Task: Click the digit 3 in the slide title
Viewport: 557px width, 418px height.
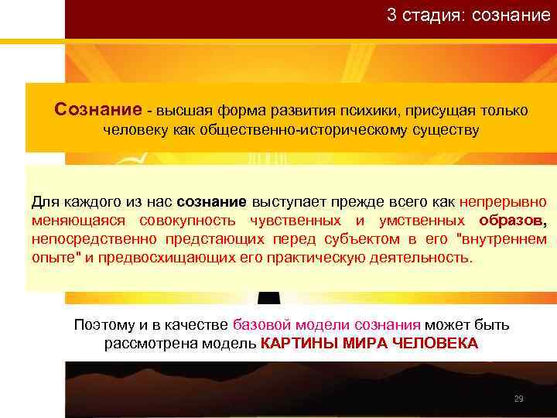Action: coord(392,15)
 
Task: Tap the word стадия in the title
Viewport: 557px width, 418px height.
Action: coord(426,15)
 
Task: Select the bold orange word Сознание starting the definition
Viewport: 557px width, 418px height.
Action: coord(98,110)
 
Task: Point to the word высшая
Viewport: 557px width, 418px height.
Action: coord(188,111)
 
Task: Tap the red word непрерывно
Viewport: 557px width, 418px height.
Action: coord(503,203)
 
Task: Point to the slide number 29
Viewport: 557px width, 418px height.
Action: coord(518,399)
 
